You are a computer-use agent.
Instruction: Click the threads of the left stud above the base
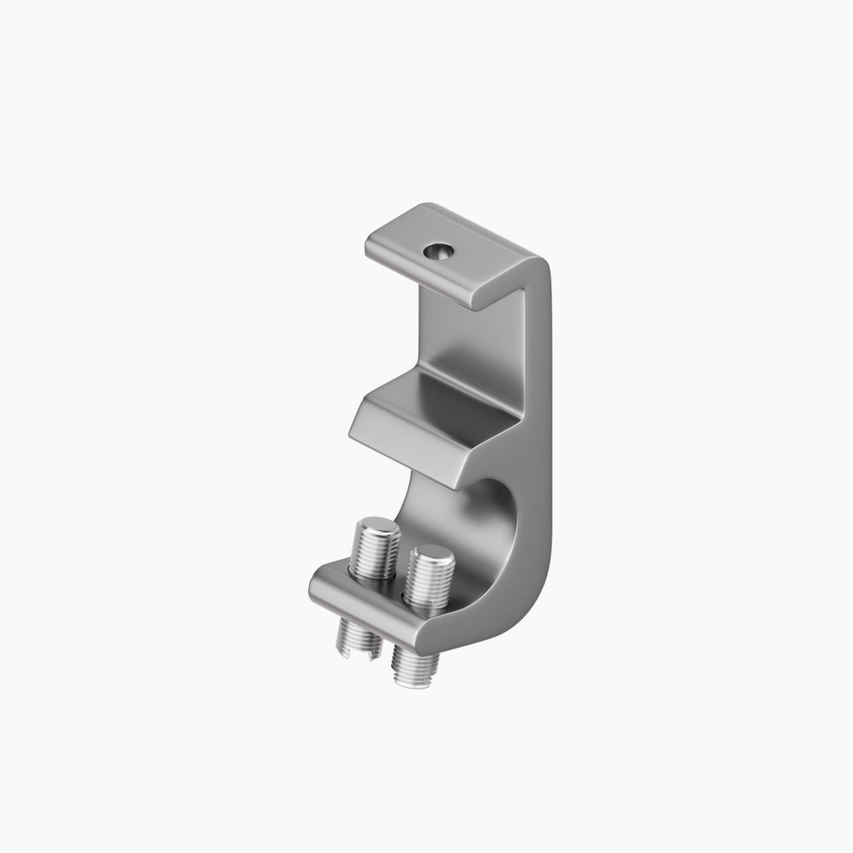tap(374, 554)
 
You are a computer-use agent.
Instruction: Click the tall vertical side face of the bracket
tap(537, 442)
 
